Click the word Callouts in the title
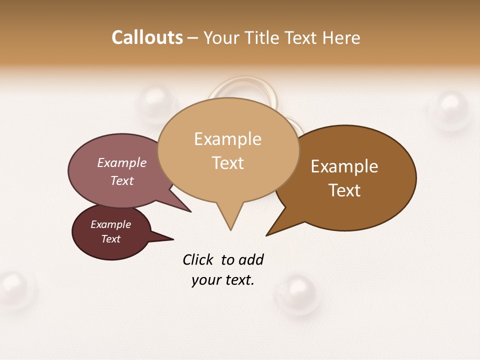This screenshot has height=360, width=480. pos(147,38)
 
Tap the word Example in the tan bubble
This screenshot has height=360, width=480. pos(227,139)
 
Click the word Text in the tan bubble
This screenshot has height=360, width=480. pos(227,163)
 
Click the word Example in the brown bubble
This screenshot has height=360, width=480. pos(344,166)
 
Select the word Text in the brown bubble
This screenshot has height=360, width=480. pos(344,190)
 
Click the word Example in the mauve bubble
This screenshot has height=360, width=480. pos(122,162)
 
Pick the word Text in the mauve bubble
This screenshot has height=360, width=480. pos(122,180)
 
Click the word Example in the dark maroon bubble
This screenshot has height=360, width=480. pos(110,224)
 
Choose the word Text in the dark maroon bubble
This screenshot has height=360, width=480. pos(110,239)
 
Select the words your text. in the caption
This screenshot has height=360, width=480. pos(223,280)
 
